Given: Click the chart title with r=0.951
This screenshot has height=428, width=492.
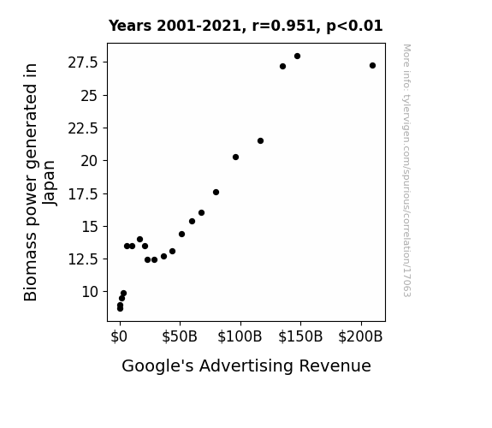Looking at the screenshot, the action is pos(246,26).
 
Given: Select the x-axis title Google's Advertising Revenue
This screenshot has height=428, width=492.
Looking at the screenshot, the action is pos(246,366).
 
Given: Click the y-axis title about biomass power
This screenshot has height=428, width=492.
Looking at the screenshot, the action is pos(39,182).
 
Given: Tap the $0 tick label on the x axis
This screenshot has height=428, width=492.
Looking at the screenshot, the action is pos(119,336).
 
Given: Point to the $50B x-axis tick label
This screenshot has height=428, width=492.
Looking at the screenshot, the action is pos(180,336).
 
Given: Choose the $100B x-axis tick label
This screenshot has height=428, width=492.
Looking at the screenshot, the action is pos(240,336).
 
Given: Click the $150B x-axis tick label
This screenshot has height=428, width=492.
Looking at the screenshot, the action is pos(300,336).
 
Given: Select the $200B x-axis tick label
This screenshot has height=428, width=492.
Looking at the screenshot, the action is pos(360,336).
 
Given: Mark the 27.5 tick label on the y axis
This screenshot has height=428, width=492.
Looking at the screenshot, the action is pos(83,62).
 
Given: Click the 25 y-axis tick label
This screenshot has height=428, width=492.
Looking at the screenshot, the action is pos(90,96).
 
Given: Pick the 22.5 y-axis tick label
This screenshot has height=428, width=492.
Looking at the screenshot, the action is pos(83,128).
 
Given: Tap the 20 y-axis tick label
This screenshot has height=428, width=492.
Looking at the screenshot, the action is pos(90,161).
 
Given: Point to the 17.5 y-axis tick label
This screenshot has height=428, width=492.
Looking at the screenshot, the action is pos(83,194).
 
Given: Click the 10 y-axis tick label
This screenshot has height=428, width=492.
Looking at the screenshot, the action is pos(90,292).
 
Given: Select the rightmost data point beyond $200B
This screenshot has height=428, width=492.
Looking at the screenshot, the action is pos(372,66).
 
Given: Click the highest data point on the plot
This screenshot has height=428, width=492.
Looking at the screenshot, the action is pos(297,56).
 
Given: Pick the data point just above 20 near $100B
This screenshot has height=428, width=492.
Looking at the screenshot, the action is pos(235,157).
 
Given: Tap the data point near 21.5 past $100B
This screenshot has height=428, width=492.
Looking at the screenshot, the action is pos(260,140).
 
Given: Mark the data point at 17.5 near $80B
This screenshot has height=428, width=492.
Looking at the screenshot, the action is pos(216,193).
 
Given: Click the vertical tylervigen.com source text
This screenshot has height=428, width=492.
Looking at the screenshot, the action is pos(406,170).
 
